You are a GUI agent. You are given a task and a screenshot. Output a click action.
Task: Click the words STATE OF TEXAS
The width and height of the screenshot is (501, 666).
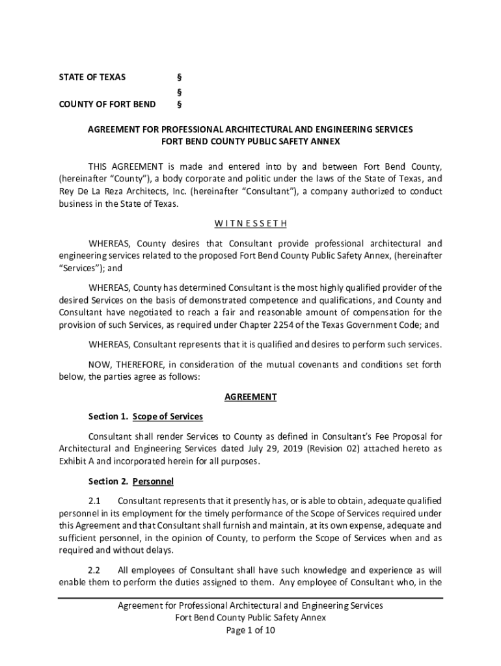point(92,77)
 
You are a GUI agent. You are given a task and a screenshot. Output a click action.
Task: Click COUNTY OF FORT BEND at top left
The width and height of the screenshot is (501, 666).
point(107,104)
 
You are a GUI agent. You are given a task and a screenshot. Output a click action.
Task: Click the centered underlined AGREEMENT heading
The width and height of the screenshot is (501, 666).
point(251,397)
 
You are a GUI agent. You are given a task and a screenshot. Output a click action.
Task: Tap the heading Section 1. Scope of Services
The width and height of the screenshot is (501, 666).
point(146,416)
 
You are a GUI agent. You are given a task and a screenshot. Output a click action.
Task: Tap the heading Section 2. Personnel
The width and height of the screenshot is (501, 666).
point(131,482)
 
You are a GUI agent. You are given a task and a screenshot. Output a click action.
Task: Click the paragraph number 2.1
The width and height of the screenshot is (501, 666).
point(95,501)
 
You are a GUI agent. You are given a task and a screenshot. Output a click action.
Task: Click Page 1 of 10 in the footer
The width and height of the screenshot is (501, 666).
point(251,630)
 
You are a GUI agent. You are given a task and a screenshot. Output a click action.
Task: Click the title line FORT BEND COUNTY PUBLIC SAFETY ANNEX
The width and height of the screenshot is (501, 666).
point(251,142)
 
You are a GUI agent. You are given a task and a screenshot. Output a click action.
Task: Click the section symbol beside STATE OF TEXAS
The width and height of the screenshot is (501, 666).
point(180,77)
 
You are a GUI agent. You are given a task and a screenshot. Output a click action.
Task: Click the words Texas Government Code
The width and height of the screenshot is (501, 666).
point(373,325)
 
